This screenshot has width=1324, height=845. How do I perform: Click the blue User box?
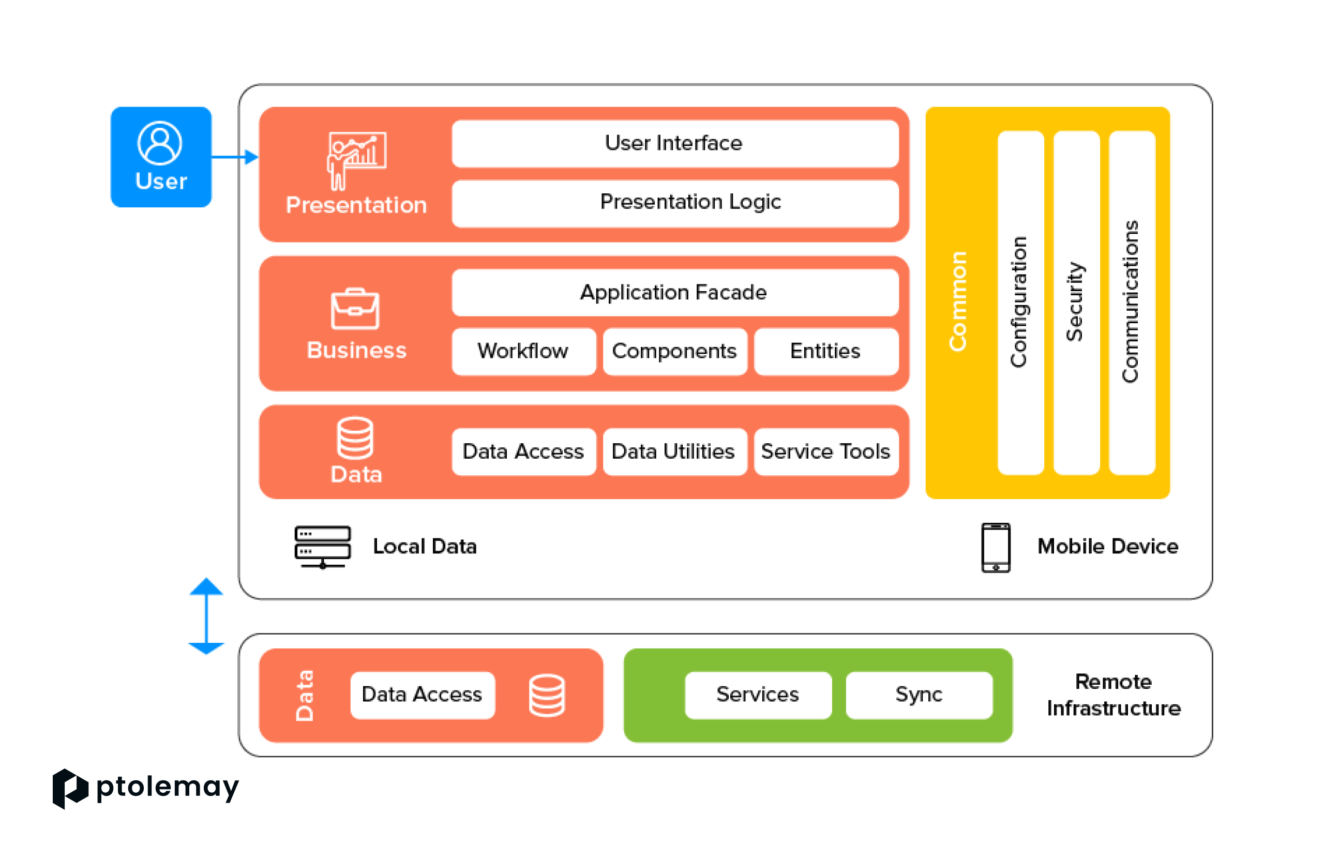click(160, 157)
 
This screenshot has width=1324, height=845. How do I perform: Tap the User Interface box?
click(674, 143)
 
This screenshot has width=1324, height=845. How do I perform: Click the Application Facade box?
click(674, 293)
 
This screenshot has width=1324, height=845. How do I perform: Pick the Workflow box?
click(523, 351)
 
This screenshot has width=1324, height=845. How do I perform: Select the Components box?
click(674, 351)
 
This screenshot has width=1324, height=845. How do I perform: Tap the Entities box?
click(826, 351)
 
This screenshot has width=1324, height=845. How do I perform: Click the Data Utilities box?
click(674, 451)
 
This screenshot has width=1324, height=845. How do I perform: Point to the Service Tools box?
click(826, 451)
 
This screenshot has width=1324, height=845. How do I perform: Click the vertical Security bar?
click(1076, 303)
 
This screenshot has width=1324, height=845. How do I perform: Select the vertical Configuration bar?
click(1020, 303)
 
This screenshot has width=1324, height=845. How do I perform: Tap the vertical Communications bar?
click(1132, 303)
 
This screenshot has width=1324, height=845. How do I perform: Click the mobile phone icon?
click(996, 548)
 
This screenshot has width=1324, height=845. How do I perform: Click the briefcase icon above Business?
click(355, 309)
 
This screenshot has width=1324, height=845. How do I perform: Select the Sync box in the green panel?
click(919, 695)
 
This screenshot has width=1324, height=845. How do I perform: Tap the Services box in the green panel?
click(758, 695)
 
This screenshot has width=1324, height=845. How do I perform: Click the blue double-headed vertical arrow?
click(206, 616)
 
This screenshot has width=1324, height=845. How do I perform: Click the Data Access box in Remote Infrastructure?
click(422, 695)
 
